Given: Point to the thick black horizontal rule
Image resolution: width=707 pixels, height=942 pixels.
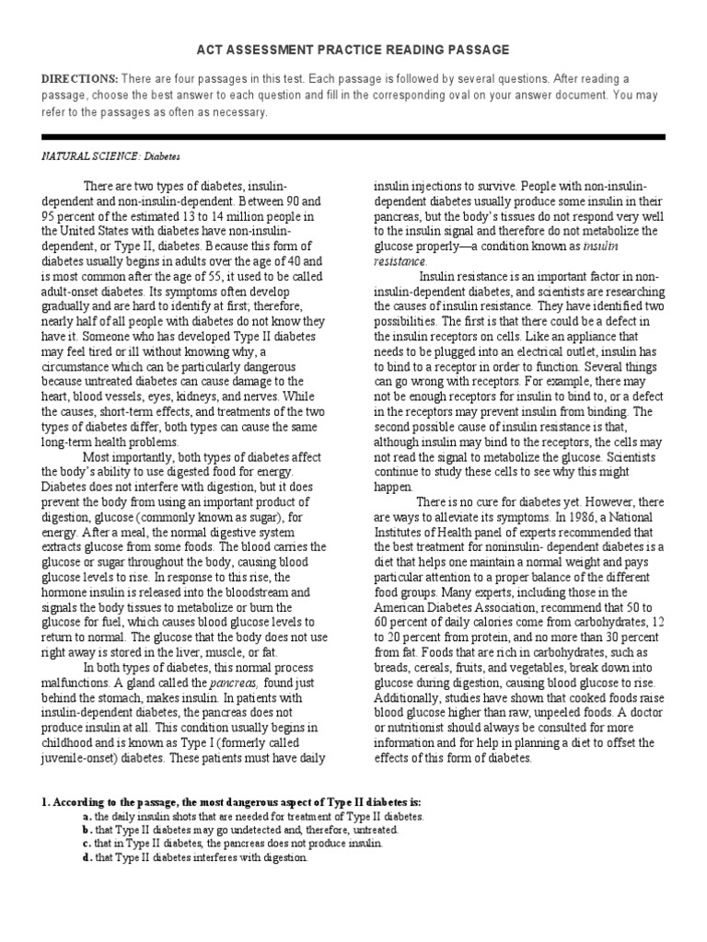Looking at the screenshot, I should point(353,136).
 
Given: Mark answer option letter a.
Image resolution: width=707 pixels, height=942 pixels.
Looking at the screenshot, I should point(86,816).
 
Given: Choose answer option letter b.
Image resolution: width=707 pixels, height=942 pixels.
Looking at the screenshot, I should point(86,830).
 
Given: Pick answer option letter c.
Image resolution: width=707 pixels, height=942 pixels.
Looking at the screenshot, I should point(86,843).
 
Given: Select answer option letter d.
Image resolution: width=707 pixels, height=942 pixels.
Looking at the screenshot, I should point(86,857).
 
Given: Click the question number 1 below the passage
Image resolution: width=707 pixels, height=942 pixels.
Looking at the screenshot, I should point(45,801).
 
